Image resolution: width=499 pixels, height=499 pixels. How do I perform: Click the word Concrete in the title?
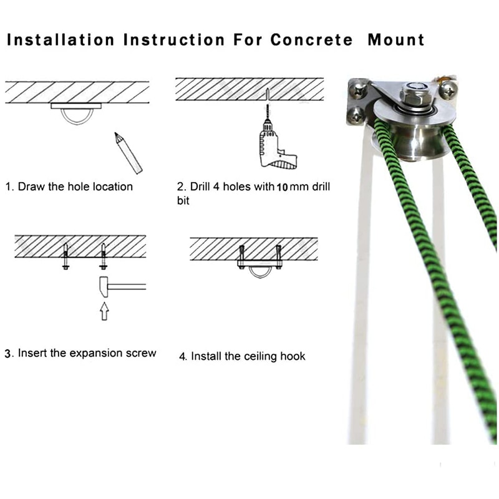[311, 40]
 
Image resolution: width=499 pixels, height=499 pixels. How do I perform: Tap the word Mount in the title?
[396, 40]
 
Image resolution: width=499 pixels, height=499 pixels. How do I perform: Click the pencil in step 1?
[128, 153]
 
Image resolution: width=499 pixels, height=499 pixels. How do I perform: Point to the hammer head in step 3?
[104, 287]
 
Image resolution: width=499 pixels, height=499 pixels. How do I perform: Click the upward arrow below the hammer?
[104, 311]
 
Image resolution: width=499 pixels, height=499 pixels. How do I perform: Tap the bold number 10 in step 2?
[282, 188]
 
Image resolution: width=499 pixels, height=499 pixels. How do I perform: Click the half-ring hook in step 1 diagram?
[77, 124]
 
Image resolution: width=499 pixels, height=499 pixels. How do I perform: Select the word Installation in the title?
[61, 40]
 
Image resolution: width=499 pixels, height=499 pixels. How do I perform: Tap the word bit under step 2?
[183, 201]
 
